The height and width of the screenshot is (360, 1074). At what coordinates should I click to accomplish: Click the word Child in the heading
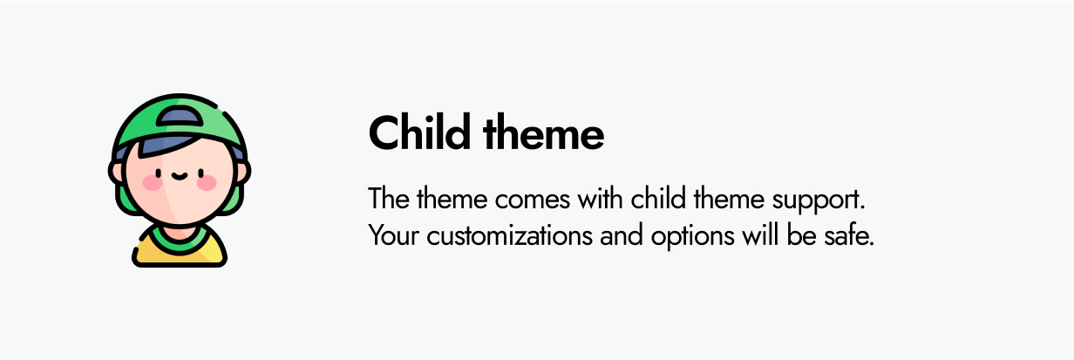418,135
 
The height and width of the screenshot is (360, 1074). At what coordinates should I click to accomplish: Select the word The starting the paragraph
384,199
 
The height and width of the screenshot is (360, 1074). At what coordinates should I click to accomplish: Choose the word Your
389,235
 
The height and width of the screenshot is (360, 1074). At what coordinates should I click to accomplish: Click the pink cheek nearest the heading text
207,183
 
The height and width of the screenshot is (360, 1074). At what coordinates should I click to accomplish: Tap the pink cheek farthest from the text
151,183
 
